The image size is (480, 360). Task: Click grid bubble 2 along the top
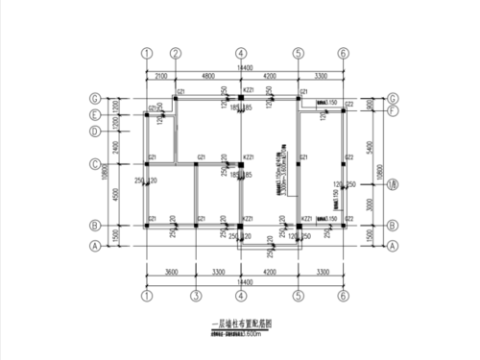tap(177, 54)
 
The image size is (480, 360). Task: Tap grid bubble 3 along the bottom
tap(195, 297)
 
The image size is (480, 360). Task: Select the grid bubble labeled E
tap(94, 114)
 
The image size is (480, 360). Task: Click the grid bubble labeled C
tap(94, 162)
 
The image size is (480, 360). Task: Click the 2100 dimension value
tap(160, 74)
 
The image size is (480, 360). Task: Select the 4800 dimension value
tap(207, 74)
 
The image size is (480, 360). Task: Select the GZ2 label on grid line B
tap(349, 219)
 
